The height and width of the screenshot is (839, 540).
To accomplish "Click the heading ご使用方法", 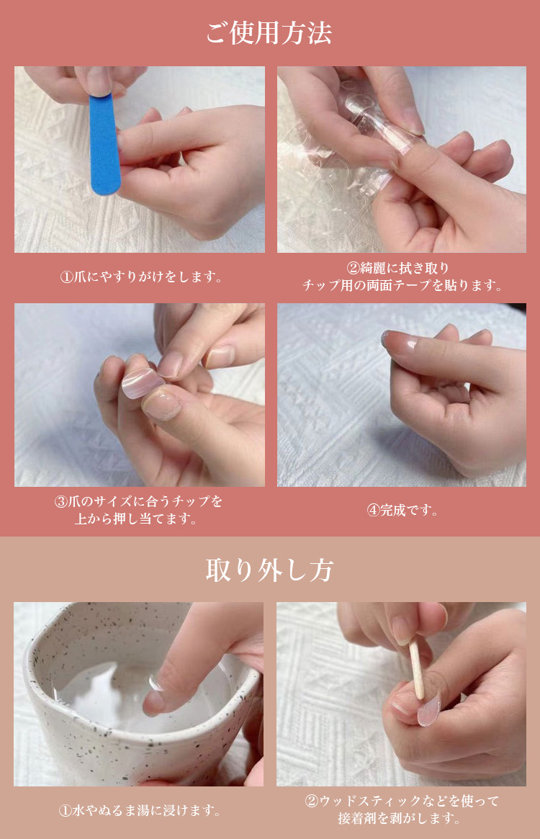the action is (269, 32).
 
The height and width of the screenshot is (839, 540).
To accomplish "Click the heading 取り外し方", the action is (270, 570).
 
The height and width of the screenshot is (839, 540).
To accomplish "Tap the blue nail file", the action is (104, 144).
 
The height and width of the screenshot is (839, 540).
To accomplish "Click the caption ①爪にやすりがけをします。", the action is (141, 277).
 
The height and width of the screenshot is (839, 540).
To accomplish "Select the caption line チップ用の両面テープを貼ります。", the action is (402, 285).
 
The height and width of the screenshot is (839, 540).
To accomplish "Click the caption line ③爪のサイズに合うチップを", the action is (138, 501).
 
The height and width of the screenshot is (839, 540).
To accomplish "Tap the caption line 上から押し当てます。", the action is (136, 519).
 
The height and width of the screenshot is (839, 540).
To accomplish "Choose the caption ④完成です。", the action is (402, 510).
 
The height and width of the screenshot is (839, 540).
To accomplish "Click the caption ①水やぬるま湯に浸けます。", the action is (140, 810).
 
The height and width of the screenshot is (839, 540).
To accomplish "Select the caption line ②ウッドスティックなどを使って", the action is (402, 801).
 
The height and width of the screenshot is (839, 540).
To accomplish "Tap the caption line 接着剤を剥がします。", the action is (400, 818).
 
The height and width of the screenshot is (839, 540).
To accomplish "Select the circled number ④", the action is (373, 510).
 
